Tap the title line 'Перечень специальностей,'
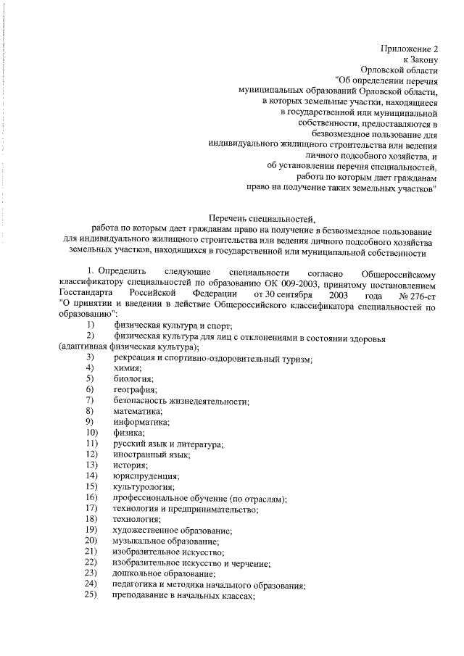(262, 217)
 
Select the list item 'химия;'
(127, 368)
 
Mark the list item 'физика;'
(129, 433)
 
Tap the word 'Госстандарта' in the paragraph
(84, 294)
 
